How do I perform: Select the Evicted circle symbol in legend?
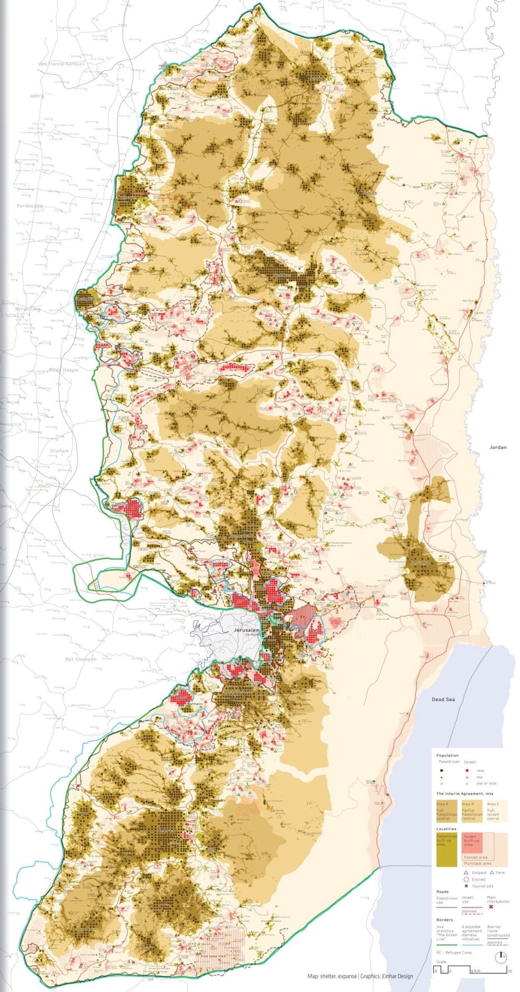[465, 880]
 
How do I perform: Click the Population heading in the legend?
[447, 756]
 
